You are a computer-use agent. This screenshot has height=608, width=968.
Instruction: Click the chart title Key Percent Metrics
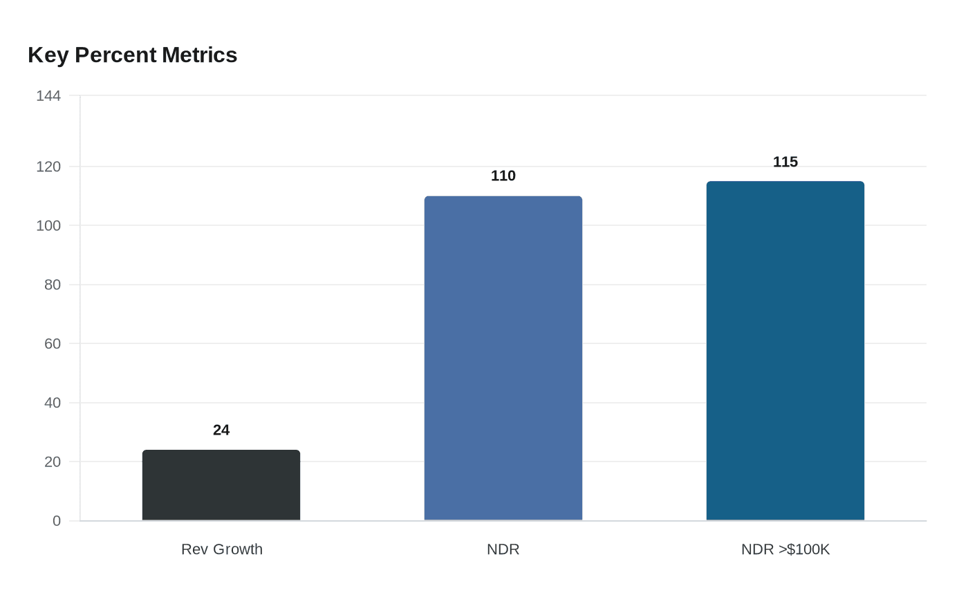(x=132, y=55)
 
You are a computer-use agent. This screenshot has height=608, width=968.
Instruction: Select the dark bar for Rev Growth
(x=221, y=485)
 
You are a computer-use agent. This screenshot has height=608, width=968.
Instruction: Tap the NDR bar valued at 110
(x=503, y=358)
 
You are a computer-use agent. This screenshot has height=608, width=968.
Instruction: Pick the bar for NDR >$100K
(x=785, y=351)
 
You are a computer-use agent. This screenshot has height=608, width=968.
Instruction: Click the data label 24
(x=221, y=430)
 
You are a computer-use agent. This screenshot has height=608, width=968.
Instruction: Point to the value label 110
(x=503, y=175)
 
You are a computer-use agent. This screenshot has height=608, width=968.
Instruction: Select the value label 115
(x=785, y=162)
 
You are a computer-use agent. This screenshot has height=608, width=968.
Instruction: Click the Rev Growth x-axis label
(x=222, y=549)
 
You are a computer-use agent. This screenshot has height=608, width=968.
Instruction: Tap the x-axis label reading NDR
(x=503, y=549)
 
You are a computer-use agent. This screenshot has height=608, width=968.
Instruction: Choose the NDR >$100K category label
(x=785, y=549)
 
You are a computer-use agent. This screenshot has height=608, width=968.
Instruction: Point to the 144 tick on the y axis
(x=48, y=96)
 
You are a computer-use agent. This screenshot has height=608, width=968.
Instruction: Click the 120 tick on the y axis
(x=48, y=167)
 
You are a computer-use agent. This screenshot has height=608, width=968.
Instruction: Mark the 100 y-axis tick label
(x=48, y=225)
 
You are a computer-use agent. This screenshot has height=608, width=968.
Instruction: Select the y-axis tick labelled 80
(x=53, y=285)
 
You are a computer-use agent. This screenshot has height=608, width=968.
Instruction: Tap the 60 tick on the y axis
(x=53, y=344)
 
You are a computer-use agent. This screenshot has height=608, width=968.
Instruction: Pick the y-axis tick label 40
(x=53, y=403)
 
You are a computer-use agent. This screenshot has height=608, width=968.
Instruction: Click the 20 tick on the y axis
(x=53, y=462)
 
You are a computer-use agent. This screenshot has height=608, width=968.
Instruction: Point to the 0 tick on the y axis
(x=57, y=521)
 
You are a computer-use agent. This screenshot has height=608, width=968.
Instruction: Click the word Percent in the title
(x=115, y=55)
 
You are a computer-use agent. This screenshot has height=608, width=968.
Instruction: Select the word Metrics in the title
(x=200, y=55)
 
